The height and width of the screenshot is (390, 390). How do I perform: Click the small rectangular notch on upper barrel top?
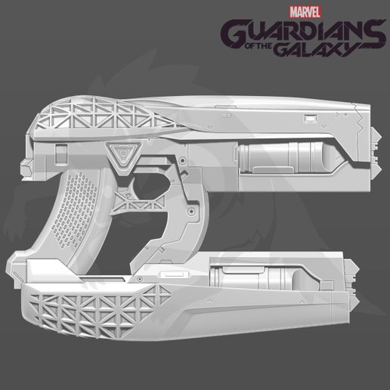[x=310, y=118]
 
